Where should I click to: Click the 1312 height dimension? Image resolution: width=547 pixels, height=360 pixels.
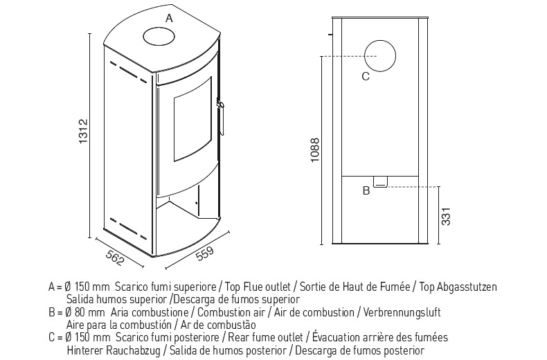pos(83,132)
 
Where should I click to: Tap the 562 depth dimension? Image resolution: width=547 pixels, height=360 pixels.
pos(114,258)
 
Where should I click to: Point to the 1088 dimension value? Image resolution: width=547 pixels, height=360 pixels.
pos(314,150)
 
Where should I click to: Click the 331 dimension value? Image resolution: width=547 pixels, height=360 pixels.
pos(446,216)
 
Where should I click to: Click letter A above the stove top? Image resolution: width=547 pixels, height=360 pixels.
pos(169,18)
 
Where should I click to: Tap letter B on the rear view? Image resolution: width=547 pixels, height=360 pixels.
pos(366,191)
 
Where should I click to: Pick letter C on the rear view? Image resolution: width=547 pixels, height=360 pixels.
pos(366,76)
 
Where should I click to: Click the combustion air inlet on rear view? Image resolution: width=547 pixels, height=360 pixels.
pos(380,182)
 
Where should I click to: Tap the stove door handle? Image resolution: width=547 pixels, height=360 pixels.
pos(221,117)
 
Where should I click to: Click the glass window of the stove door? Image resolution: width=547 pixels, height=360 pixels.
pos(192,119)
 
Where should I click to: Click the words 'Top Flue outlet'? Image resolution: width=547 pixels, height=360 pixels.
pos(258,287)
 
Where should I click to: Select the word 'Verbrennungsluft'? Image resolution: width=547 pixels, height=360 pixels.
pos(402,312)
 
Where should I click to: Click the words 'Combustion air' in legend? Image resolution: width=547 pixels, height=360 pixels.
pos(231,312)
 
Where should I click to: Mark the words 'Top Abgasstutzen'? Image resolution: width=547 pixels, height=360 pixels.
pos(458,287)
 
